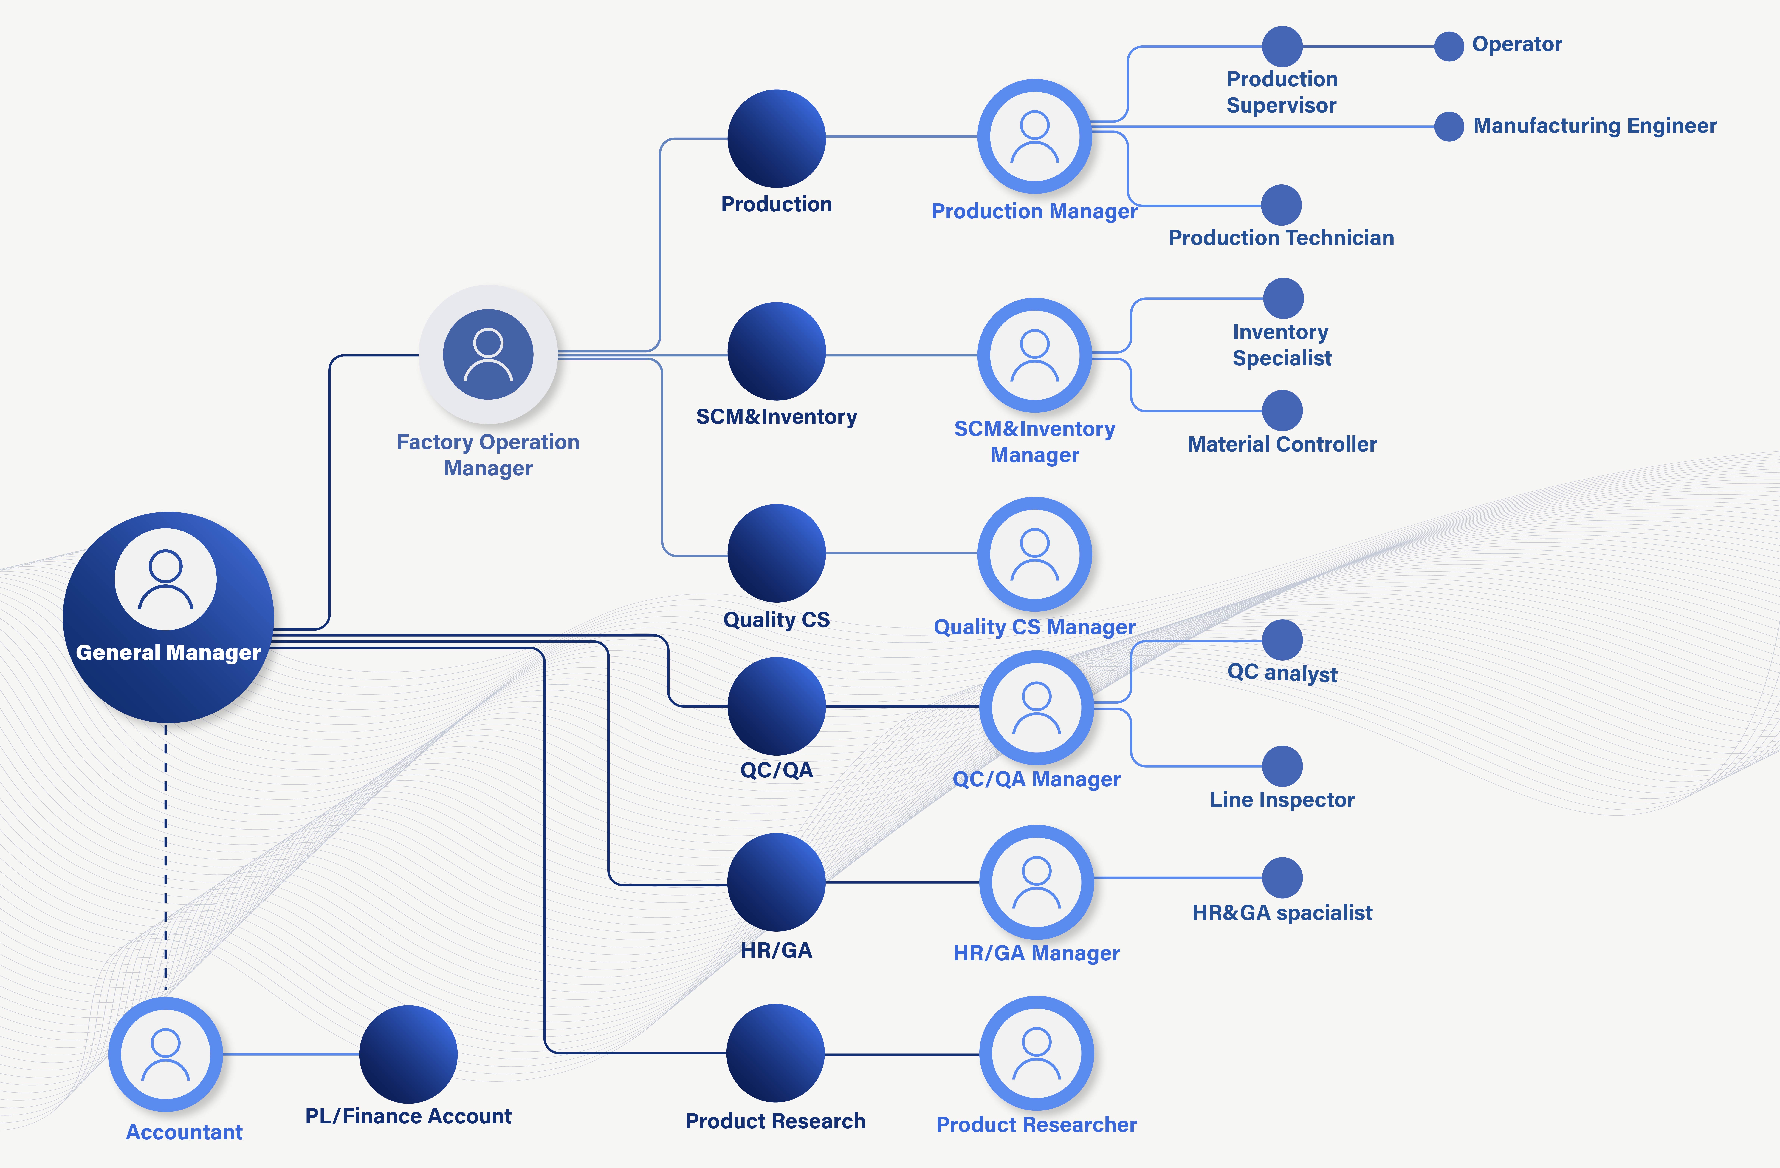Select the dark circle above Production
[776, 138]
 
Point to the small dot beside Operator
[1449, 46]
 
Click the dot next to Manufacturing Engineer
[1449, 127]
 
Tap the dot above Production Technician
[1281, 205]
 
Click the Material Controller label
[1282, 444]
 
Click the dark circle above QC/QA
[776, 706]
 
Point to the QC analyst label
[1282, 673]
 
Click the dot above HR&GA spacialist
[1282, 878]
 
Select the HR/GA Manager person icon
[1037, 882]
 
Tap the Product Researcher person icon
[1037, 1053]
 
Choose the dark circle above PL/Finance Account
[408, 1054]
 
